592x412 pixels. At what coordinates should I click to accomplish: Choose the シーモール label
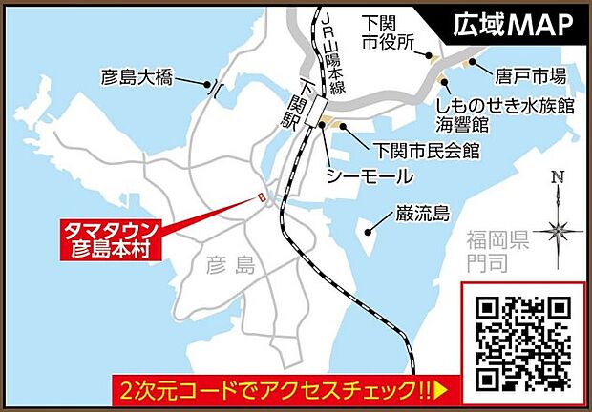369,176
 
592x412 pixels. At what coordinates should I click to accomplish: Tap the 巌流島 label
422,214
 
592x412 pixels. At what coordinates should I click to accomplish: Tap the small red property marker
257,198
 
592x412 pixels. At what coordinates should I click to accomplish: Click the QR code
524,342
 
